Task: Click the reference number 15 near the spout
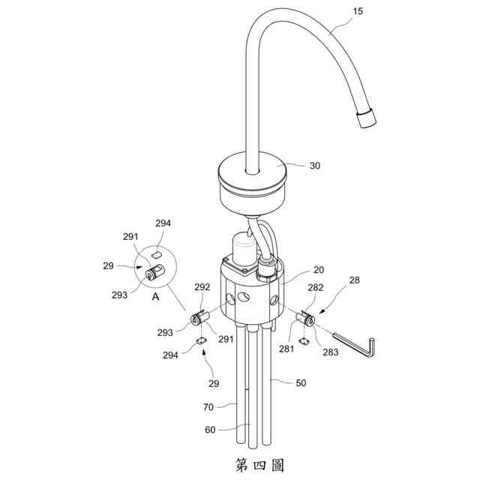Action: click(x=358, y=11)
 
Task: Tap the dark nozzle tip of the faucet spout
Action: click(x=366, y=118)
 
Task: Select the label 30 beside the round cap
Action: click(x=315, y=166)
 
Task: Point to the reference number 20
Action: click(x=319, y=270)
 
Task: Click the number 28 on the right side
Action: click(x=354, y=280)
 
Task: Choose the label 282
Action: click(x=315, y=287)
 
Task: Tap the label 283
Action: click(x=331, y=352)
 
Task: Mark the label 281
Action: click(x=286, y=349)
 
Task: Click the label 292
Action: click(x=202, y=286)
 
